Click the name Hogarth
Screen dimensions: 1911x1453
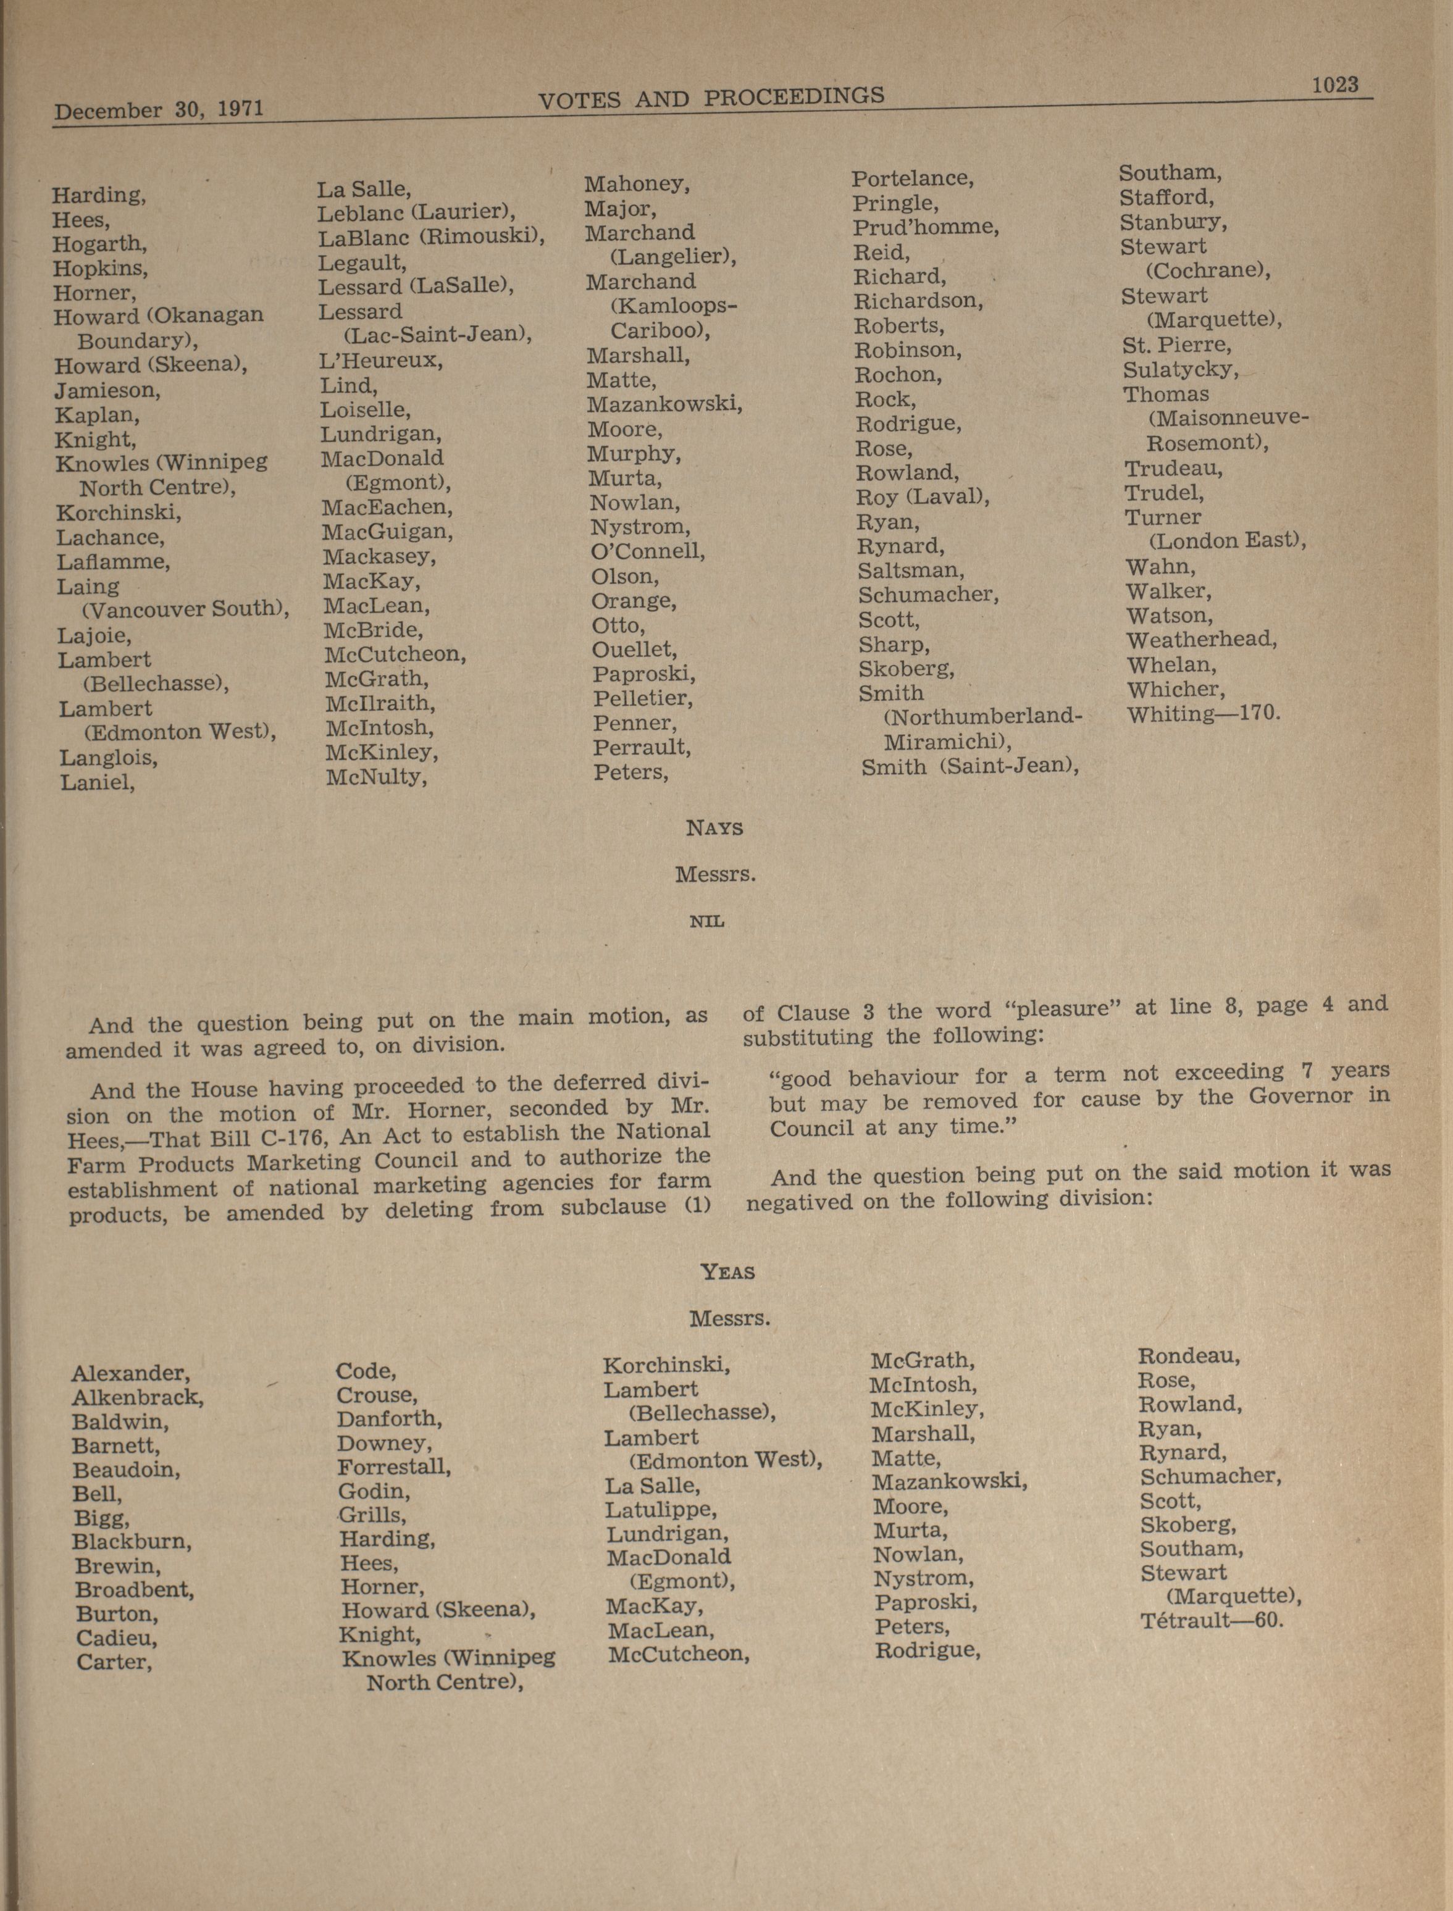(99, 244)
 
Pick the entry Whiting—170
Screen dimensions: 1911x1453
(1202, 714)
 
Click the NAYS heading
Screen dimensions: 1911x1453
(714, 827)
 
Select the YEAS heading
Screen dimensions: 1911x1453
(727, 1272)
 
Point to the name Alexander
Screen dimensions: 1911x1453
(130, 1373)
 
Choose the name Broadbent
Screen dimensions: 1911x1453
(134, 1589)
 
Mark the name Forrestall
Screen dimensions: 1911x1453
(393, 1466)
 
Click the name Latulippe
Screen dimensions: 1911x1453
(661, 1510)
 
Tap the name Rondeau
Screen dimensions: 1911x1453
(1188, 1356)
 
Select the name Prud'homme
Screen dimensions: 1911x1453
(926, 227)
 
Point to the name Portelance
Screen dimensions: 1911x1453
(913, 179)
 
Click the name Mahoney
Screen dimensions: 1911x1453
(637, 184)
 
